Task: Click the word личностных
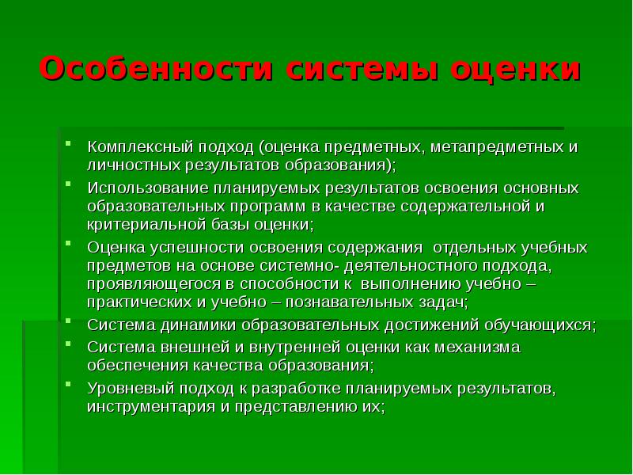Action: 130,165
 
